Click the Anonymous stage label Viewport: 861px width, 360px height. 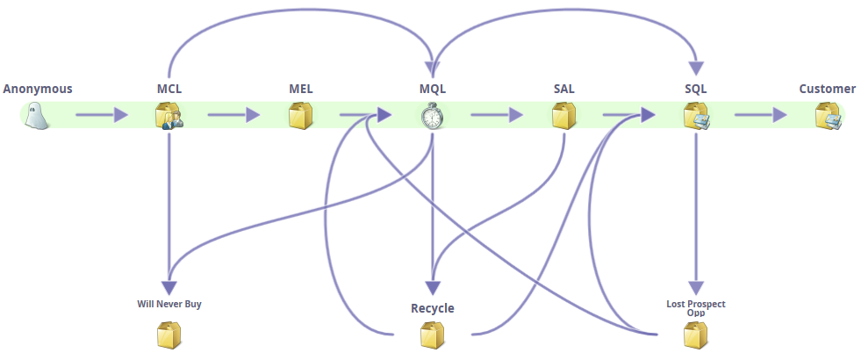(x=38, y=89)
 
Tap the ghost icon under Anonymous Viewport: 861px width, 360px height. (x=38, y=115)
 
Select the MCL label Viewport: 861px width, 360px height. (x=169, y=89)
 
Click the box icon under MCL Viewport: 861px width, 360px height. (x=169, y=115)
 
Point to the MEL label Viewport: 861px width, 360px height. (x=301, y=89)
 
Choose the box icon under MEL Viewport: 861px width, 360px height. (x=301, y=115)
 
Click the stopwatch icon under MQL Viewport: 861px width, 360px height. (x=432, y=115)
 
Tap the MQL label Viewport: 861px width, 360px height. (x=433, y=89)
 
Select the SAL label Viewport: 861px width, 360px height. (x=564, y=89)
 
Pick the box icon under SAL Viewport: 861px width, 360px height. (x=563, y=115)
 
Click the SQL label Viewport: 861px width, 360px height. (x=696, y=89)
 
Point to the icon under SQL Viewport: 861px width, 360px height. (x=696, y=115)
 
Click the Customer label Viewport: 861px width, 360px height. (x=827, y=89)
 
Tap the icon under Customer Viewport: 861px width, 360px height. (x=828, y=115)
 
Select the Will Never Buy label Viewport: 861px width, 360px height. (x=169, y=305)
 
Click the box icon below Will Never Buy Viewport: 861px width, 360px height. (x=169, y=335)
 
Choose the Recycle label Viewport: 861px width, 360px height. (x=433, y=308)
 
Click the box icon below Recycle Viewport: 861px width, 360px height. (x=432, y=335)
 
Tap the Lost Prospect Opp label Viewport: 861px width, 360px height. (x=696, y=307)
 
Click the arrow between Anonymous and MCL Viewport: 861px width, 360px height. (x=101, y=115)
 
